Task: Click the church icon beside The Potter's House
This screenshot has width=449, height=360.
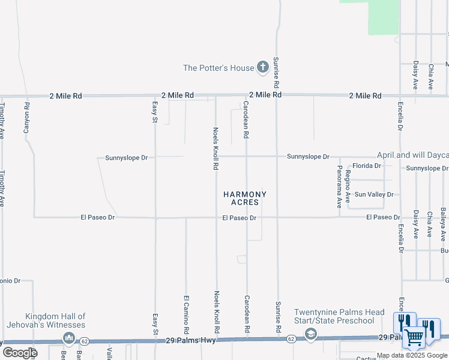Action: click(x=263, y=68)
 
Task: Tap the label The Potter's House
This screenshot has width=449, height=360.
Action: click(x=218, y=68)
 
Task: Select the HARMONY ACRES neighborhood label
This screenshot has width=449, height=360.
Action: click(x=245, y=199)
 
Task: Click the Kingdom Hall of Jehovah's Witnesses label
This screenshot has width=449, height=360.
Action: click(x=55, y=320)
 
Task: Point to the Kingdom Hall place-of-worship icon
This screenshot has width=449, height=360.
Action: click(x=68, y=340)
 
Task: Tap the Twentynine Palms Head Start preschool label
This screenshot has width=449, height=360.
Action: click(x=339, y=316)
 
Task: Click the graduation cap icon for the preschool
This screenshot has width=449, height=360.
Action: click(x=310, y=334)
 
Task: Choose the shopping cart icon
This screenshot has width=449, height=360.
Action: click(x=414, y=338)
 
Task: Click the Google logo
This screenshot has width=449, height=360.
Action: click(x=20, y=353)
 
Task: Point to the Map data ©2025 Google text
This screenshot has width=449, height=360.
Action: click(x=412, y=355)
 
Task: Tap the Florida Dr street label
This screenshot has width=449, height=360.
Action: click(x=366, y=166)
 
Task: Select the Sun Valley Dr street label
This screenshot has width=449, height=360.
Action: click(x=373, y=194)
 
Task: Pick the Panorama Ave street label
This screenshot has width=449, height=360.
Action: click(x=339, y=182)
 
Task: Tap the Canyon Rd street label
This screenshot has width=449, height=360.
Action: click(x=26, y=118)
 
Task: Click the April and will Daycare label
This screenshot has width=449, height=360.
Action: click(x=412, y=155)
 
